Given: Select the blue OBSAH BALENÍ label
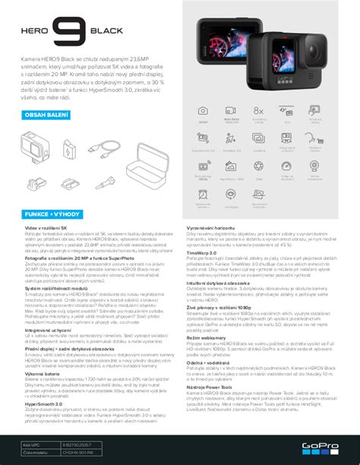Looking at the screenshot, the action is [47, 115].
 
